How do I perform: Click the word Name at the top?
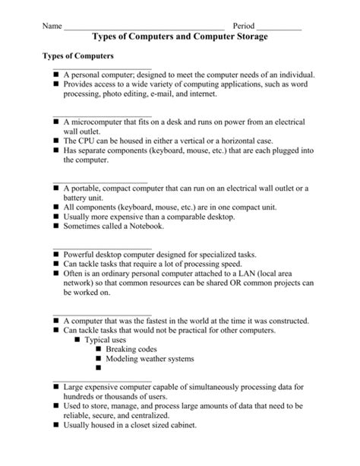pos(51,25)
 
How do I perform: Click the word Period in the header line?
pos(244,25)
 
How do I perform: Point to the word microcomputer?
pos(104,122)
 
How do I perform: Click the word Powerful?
pos(81,254)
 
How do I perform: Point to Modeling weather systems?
pos(150,359)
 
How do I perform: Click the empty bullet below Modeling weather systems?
pos(99,369)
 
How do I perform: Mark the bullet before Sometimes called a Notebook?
pos(56,226)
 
